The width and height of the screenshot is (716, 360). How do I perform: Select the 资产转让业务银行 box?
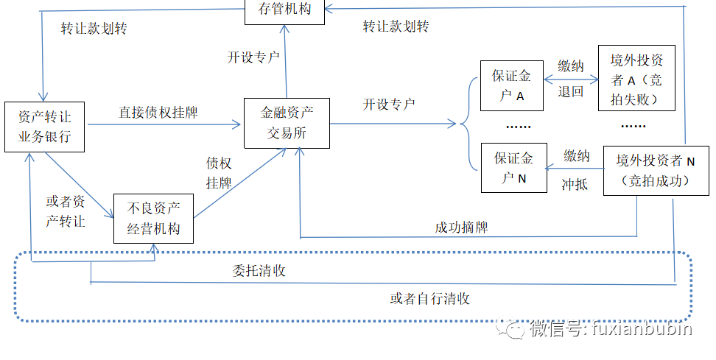(44, 126)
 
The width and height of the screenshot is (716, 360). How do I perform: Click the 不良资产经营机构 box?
(153, 218)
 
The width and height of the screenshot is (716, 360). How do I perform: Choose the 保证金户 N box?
(513, 167)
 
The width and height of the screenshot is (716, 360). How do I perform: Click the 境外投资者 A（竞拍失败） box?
(636, 79)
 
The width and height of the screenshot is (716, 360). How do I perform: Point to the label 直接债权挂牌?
(158, 113)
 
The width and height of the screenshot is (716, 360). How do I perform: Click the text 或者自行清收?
(430, 298)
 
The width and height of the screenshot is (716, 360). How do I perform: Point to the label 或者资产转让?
(66, 211)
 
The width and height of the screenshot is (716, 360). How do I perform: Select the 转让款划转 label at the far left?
(94, 29)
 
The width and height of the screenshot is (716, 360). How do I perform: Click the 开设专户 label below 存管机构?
(253, 57)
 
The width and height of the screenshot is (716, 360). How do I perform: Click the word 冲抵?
(574, 184)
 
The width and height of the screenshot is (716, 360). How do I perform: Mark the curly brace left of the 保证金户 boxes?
(466, 125)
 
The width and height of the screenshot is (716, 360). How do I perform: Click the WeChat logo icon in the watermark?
(509, 329)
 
